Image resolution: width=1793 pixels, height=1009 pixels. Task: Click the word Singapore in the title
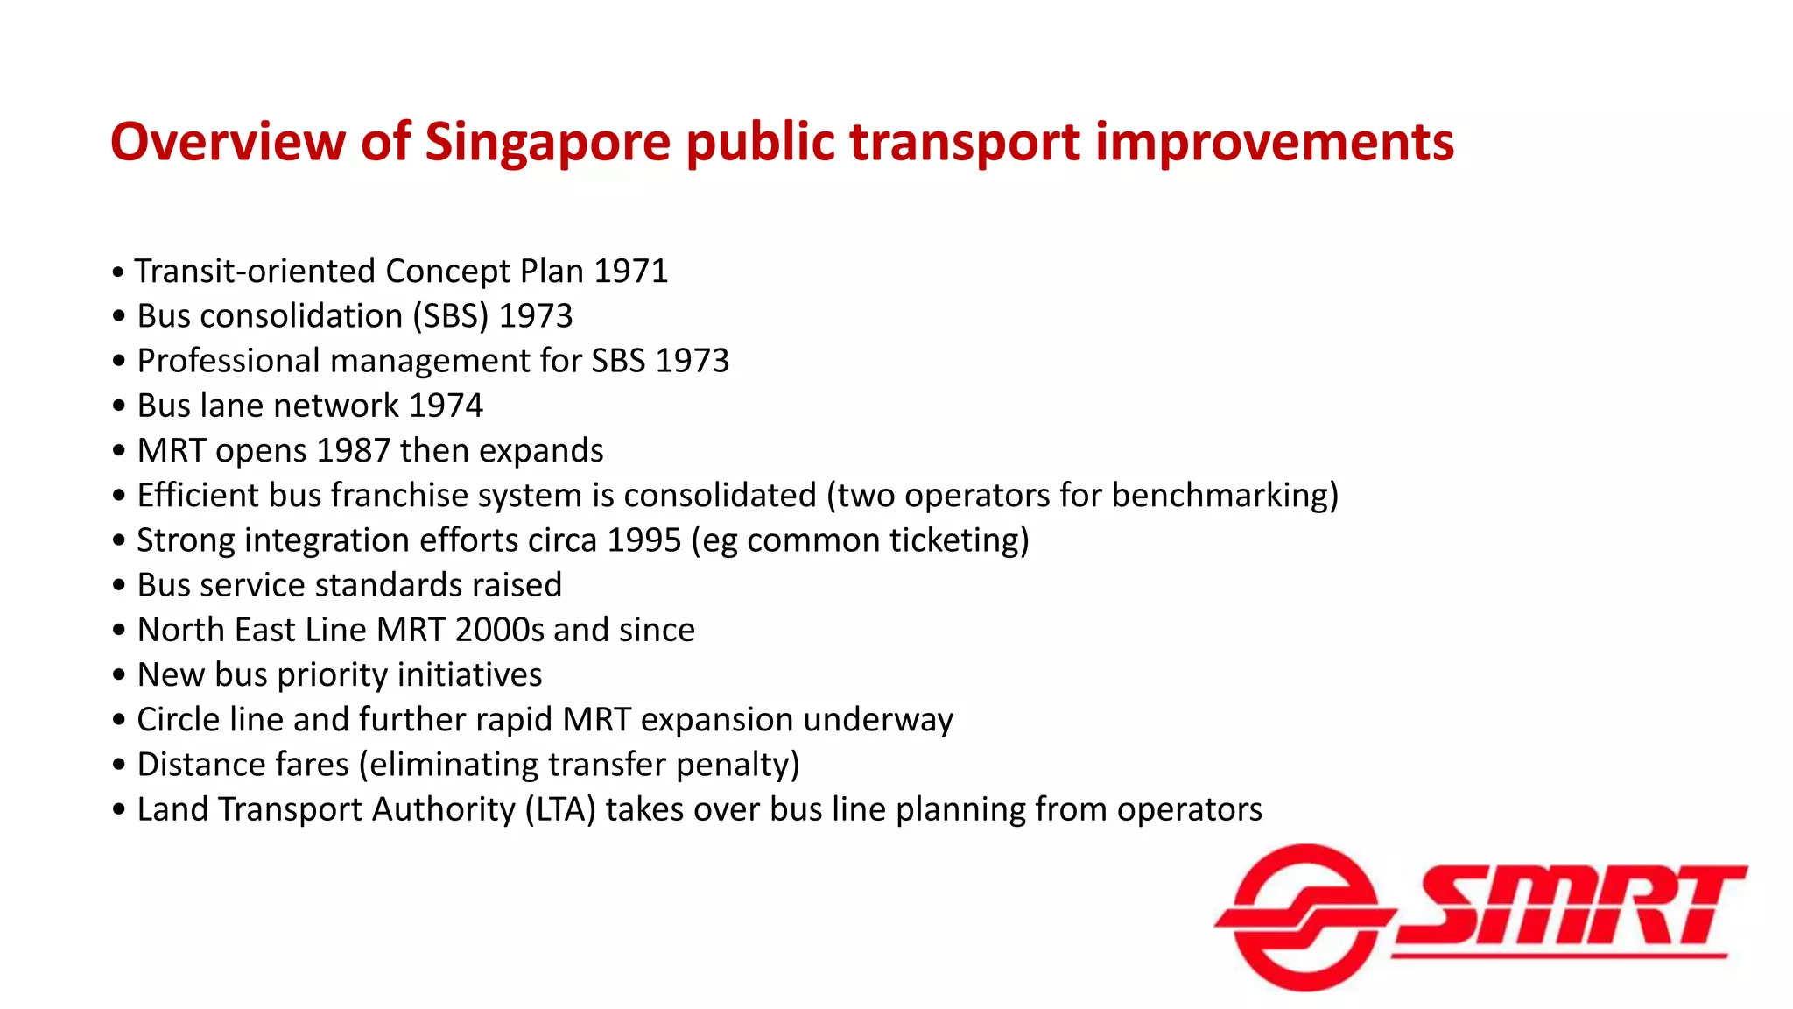pos(547,143)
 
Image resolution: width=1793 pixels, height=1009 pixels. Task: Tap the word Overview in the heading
pos(228,141)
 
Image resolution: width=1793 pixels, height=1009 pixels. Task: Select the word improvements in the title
pos(1275,143)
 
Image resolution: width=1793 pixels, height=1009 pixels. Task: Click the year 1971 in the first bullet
pos(630,272)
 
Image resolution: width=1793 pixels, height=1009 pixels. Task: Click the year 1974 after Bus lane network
pos(446,406)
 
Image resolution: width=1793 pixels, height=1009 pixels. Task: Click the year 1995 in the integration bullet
pos(643,540)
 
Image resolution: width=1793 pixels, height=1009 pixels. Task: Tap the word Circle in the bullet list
pos(178,720)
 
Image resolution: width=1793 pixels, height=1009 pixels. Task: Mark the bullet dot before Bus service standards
pos(119,585)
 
